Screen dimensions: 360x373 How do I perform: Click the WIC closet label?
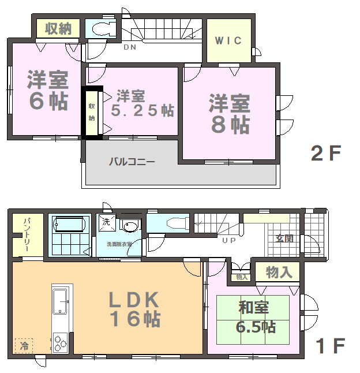[228, 40]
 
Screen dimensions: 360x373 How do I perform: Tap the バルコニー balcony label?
[132, 162]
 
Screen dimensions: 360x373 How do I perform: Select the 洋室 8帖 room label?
[230, 114]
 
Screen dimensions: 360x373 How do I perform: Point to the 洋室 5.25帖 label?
[142, 103]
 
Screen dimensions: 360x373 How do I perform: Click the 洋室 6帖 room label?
[48, 90]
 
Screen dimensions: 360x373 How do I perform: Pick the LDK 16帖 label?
[134, 309]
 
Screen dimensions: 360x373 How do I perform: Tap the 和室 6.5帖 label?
[256, 317]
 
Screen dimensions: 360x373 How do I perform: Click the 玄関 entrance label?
[284, 238]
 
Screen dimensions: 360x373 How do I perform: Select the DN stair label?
[130, 47]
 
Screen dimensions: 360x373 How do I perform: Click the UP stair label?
[229, 241]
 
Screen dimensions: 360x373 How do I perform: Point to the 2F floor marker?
[326, 153]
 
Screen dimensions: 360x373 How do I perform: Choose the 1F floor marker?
[331, 346]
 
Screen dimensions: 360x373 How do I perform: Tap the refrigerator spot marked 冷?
[24, 346]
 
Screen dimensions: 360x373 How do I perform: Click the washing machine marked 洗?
[107, 222]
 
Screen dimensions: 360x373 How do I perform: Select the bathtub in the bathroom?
[69, 224]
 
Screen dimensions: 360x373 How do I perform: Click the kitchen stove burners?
[60, 342]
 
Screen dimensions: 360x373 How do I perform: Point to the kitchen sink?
[59, 301]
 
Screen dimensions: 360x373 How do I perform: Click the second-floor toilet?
[104, 29]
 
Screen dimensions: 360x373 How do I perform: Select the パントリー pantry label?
[26, 234]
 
